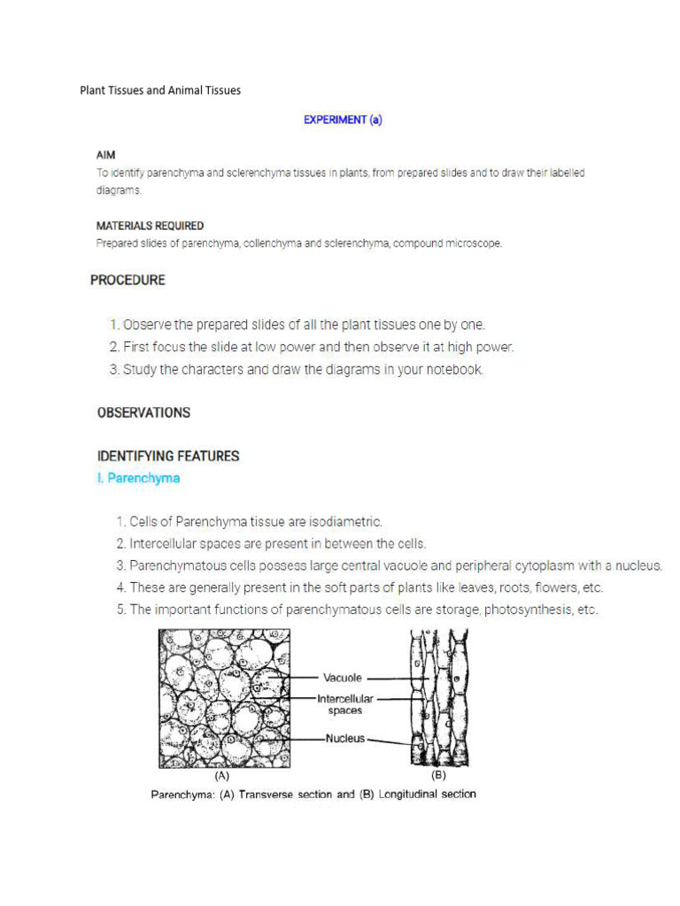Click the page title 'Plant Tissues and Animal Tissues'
[x=160, y=90]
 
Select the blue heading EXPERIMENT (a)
[x=343, y=120]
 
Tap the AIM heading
[x=106, y=155]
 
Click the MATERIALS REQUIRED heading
[x=150, y=226]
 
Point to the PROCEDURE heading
[x=127, y=280]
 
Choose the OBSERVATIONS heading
[x=143, y=412]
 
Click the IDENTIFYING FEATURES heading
[x=168, y=457]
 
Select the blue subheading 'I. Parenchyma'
[x=138, y=479]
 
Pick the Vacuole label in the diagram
[x=342, y=678]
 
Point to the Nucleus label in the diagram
[x=344, y=738]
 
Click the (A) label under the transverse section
[x=224, y=775]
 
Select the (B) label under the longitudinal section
[x=438, y=775]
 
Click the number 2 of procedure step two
[x=114, y=348]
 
